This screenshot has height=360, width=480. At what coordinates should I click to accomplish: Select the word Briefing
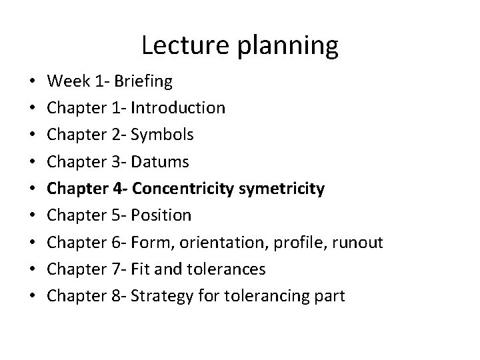click(143, 82)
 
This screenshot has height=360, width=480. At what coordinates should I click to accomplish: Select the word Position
click(162, 215)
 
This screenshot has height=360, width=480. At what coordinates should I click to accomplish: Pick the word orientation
click(219, 242)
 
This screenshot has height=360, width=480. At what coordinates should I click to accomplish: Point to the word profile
click(289, 242)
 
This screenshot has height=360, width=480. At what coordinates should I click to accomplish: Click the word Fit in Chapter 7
click(141, 269)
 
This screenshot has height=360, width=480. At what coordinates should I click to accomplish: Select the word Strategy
click(159, 296)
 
